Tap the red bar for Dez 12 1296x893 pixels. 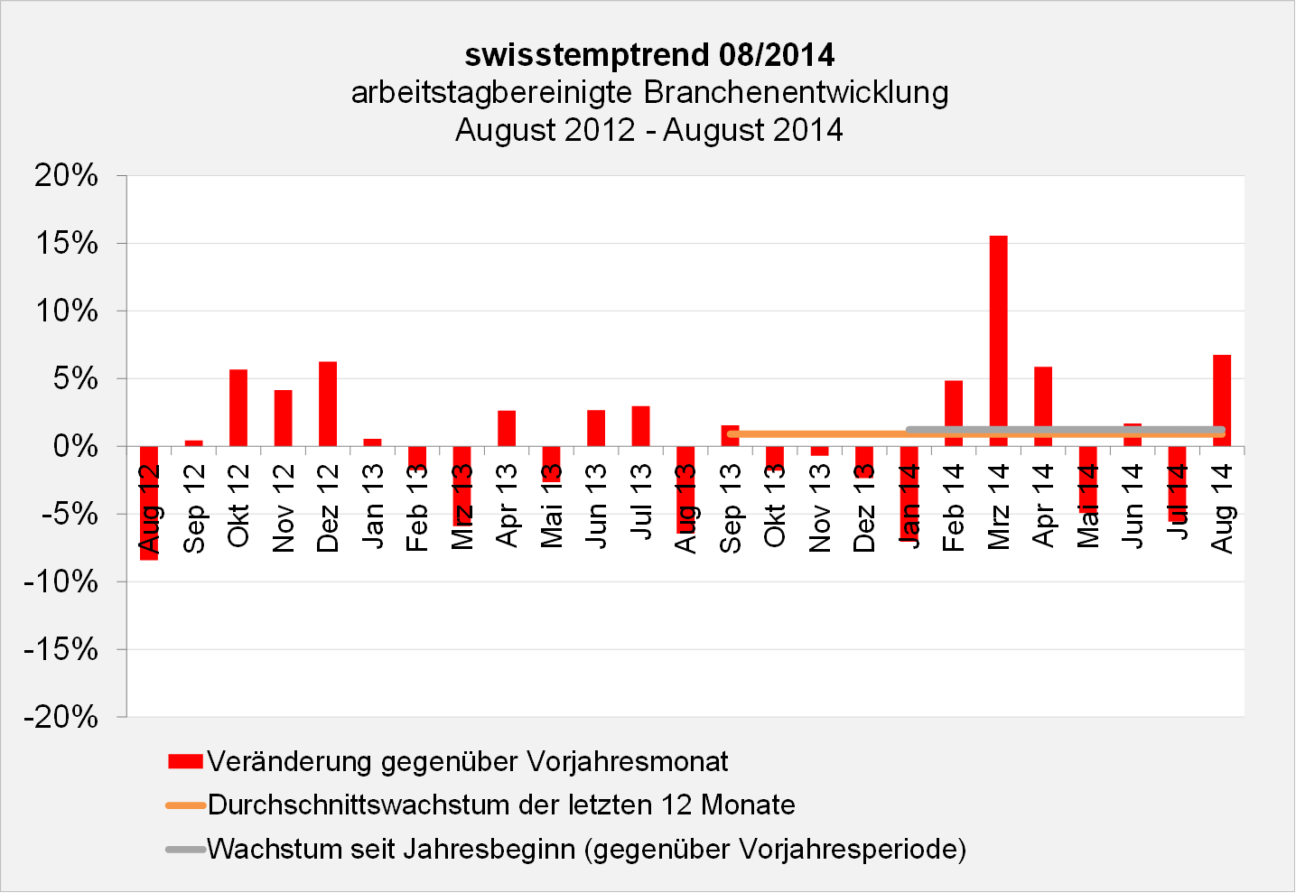coord(328,404)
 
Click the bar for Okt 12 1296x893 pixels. coord(238,407)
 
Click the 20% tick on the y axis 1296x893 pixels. coord(67,175)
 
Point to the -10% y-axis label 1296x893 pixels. coord(61,581)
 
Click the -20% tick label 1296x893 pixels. coord(61,717)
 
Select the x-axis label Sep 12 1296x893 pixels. coord(194,507)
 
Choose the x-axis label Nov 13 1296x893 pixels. coord(820,507)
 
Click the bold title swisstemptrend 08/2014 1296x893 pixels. coord(649,55)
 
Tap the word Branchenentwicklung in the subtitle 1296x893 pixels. coord(796,92)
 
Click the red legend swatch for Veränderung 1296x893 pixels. coord(185,761)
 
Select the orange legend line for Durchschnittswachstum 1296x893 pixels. coord(186,805)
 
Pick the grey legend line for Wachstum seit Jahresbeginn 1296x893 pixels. coord(186,850)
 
